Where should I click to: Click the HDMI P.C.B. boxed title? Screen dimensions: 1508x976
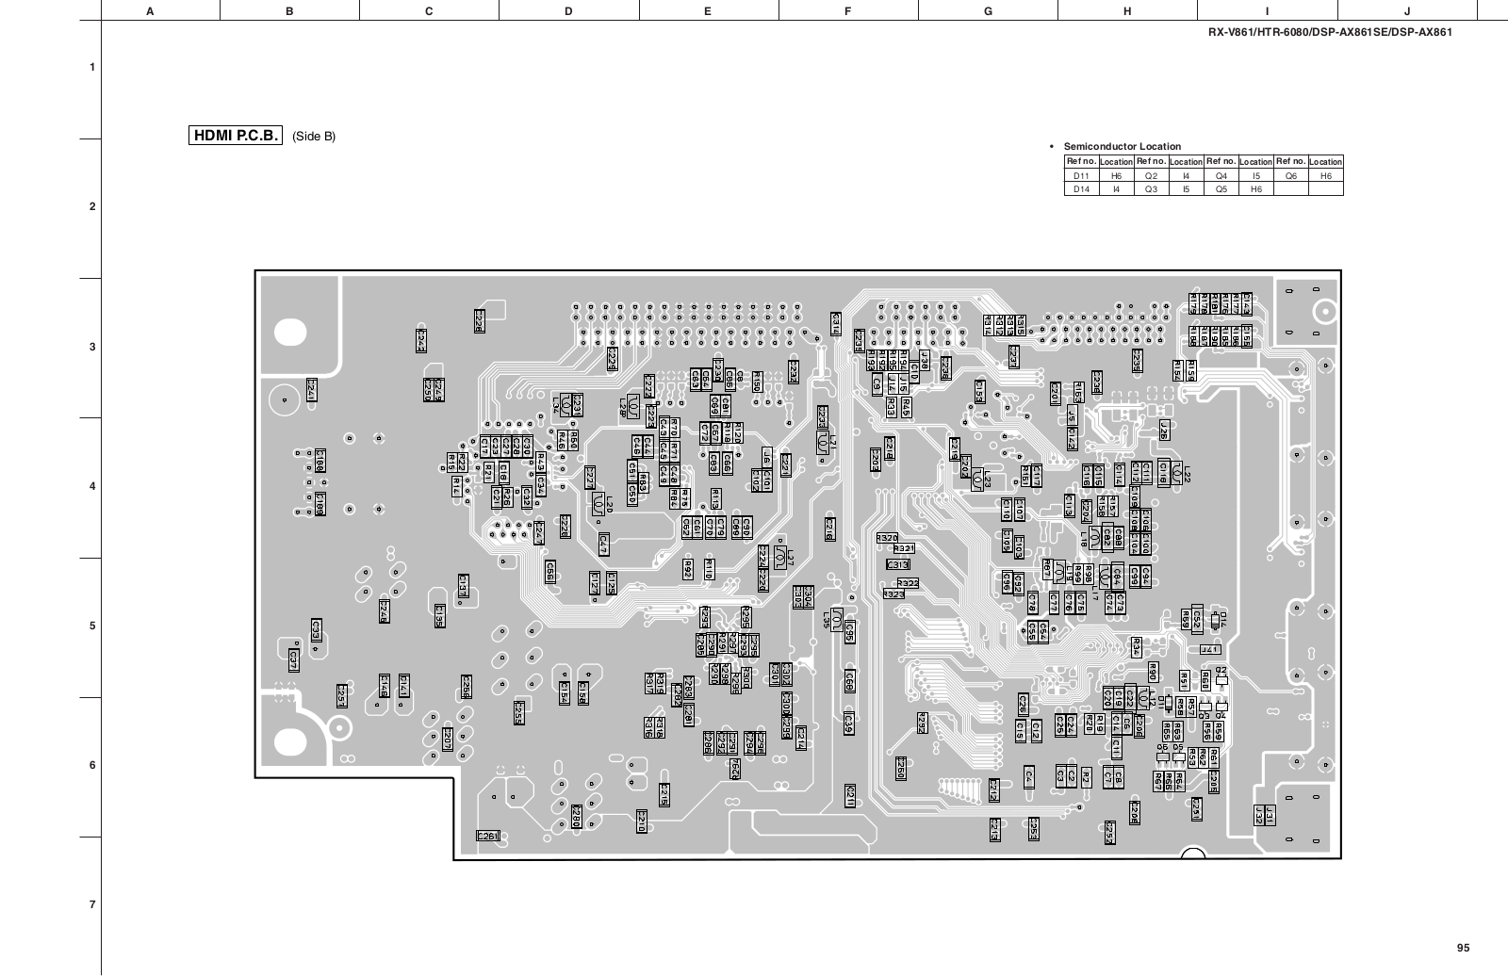tap(236, 136)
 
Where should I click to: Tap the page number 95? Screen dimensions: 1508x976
tap(1462, 948)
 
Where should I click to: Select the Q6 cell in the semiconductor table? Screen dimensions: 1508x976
tap(1290, 175)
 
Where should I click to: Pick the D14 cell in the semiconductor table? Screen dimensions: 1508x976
tap(1081, 188)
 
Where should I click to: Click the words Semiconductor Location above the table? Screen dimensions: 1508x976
tap(1122, 146)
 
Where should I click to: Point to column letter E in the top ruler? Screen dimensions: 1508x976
tap(708, 11)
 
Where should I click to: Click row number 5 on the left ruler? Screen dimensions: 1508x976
tap(91, 626)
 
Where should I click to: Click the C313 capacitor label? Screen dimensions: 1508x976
tap(898, 564)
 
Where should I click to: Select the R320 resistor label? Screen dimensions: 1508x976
tap(887, 537)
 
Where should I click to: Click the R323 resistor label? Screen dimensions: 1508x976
tap(893, 594)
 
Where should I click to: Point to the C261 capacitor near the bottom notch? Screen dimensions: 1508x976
tap(488, 836)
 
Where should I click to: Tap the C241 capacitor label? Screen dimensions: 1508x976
tap(311, 388)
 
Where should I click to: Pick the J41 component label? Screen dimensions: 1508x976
tap(1210, 649)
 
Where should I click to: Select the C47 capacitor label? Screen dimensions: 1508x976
tap(603, 544)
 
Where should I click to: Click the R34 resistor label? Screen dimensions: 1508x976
tap(1137, 647)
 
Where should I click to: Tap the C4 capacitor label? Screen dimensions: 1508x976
tap(1030, 776)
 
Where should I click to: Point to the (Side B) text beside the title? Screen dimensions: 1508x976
tap(314, 137)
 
